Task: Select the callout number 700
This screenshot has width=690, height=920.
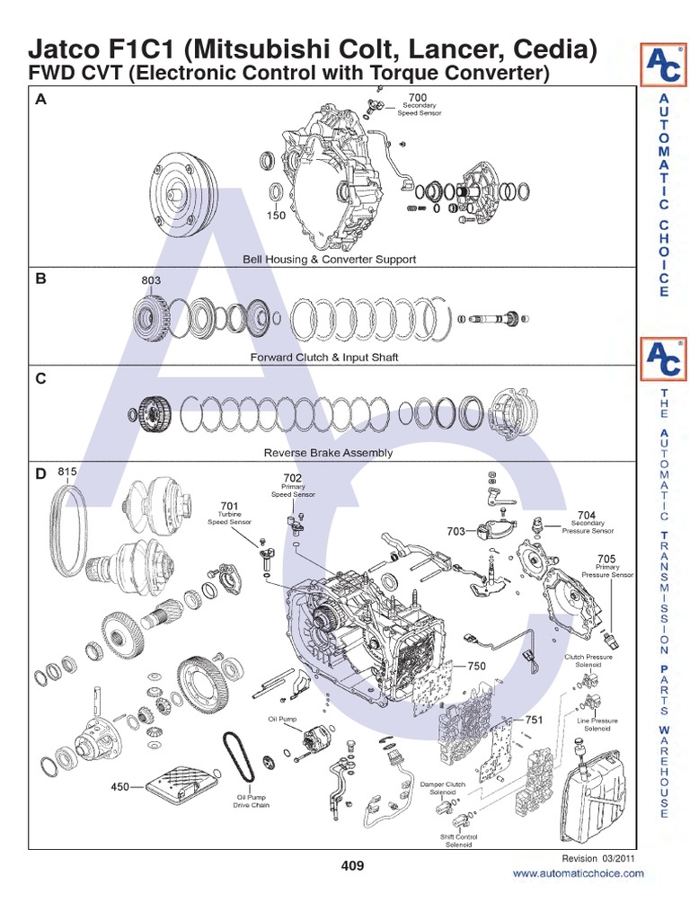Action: [418, 97]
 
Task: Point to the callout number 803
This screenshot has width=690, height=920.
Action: [151, 280]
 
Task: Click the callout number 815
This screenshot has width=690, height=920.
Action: [67, 471]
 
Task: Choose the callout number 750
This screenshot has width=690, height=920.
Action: [476, 667]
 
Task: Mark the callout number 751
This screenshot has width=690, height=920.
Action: [534, 720]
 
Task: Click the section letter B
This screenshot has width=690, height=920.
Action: [40, 279]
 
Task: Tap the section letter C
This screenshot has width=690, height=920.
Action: [40, 378]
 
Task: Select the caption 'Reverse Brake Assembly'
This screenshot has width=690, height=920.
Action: [328, 453]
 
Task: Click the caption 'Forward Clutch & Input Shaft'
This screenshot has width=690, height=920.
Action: [324, 357]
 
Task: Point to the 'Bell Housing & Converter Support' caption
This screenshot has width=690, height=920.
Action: [330, 259]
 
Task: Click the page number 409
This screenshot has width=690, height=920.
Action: [352, 866]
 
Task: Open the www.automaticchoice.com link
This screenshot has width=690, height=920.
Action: [578, 873]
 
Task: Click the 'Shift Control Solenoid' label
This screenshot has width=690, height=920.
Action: [458, 840]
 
